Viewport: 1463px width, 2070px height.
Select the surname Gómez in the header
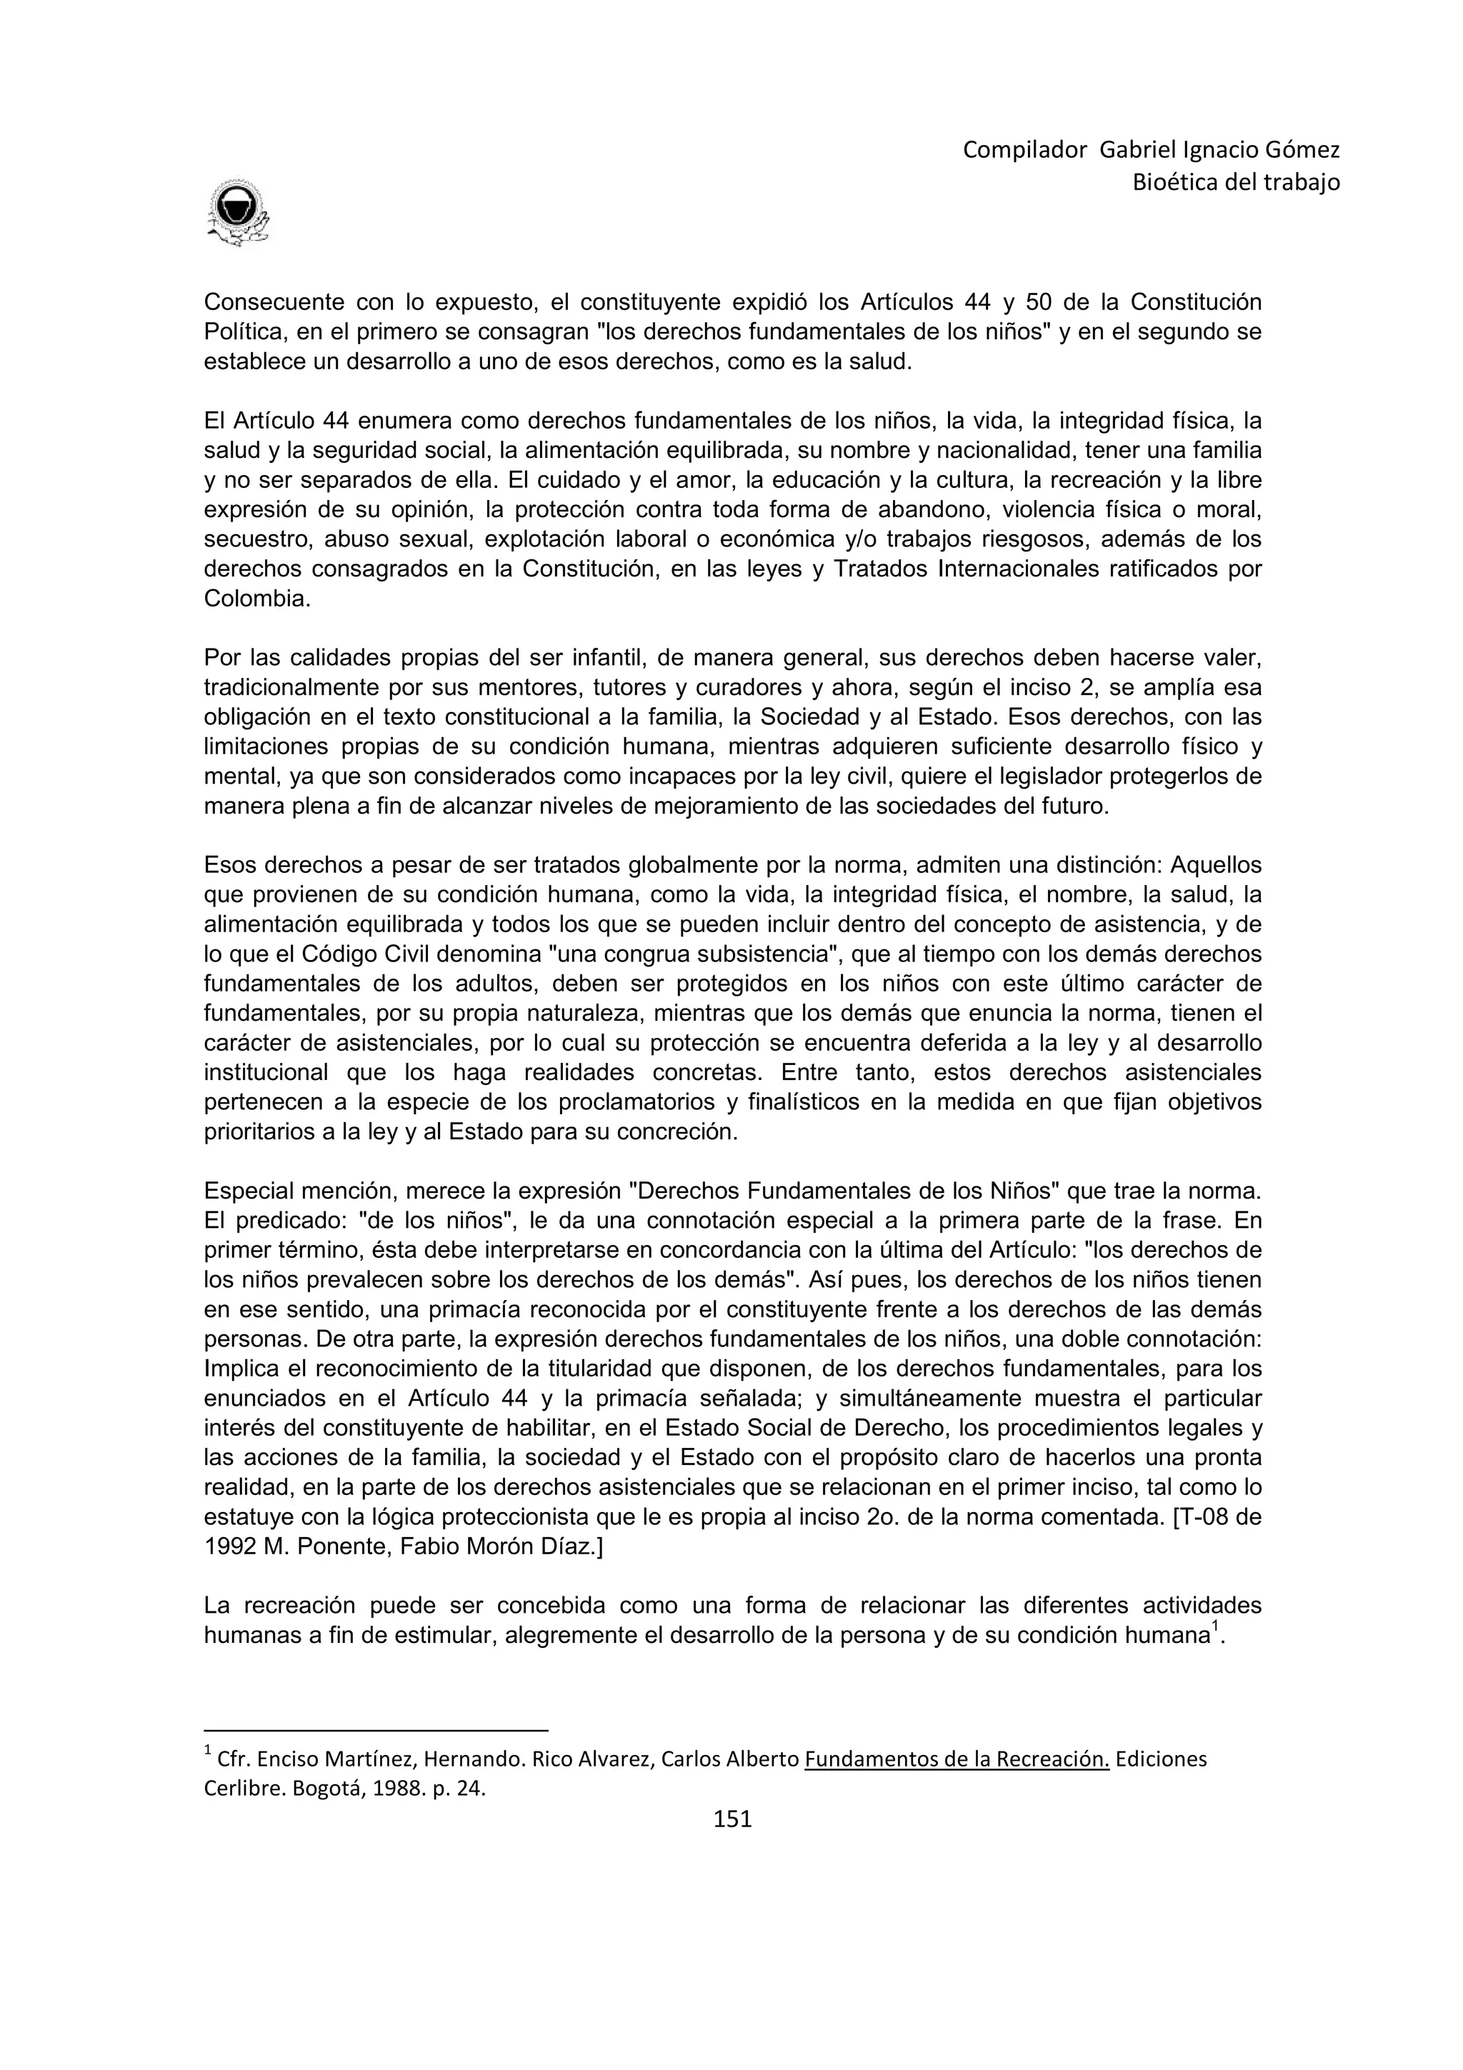[x=1308, y=150]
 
